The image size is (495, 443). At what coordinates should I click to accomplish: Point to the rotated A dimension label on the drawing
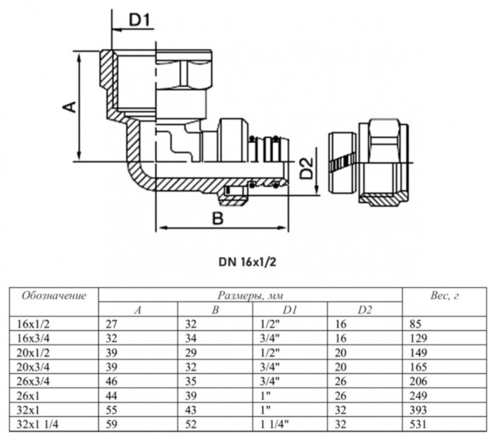(x=69, y=107)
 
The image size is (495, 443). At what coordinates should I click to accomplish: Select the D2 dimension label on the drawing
(x=305, y=169)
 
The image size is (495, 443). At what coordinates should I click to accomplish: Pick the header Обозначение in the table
(x=54, y=295)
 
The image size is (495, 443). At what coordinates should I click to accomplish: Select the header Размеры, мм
(x=249, y=295)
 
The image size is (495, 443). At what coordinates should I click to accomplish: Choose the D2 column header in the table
(x=364, y=310)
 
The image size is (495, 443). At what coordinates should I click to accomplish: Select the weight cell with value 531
(x=418, y=425)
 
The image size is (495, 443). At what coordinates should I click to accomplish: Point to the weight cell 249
(x=418, y=395)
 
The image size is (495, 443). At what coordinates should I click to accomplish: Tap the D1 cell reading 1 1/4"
(x=269, y=425)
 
